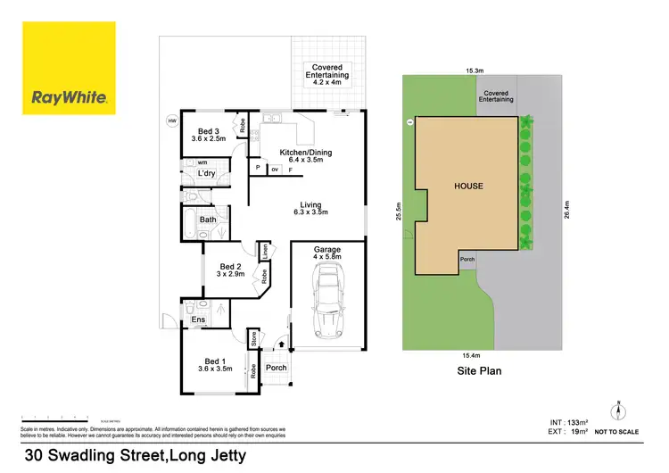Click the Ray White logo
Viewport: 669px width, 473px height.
(x=70, y=69)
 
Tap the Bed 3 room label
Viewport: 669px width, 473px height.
(x=209, y=134)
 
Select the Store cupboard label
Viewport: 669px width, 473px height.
(x=253, y=338)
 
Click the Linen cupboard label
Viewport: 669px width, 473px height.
(x=265, y=253)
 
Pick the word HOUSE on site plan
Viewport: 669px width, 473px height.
(x=468, y=187)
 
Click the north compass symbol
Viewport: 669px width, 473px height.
(x=617, y=412)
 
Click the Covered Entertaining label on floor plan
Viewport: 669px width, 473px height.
(x=330, y=72)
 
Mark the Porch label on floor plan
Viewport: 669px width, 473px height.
(x=277, y=368)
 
